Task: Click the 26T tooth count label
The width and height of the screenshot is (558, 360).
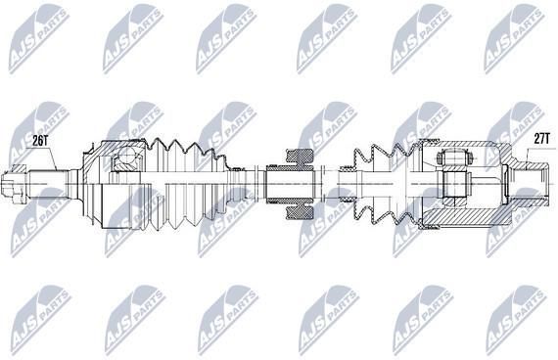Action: point(40,141)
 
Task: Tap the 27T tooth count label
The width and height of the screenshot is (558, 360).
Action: point(542,139)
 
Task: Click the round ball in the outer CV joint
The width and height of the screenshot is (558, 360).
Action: point(125,157)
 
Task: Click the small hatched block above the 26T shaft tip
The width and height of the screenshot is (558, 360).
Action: point(19,168)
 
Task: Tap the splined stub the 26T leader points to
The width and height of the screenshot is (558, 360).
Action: point(48,184)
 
